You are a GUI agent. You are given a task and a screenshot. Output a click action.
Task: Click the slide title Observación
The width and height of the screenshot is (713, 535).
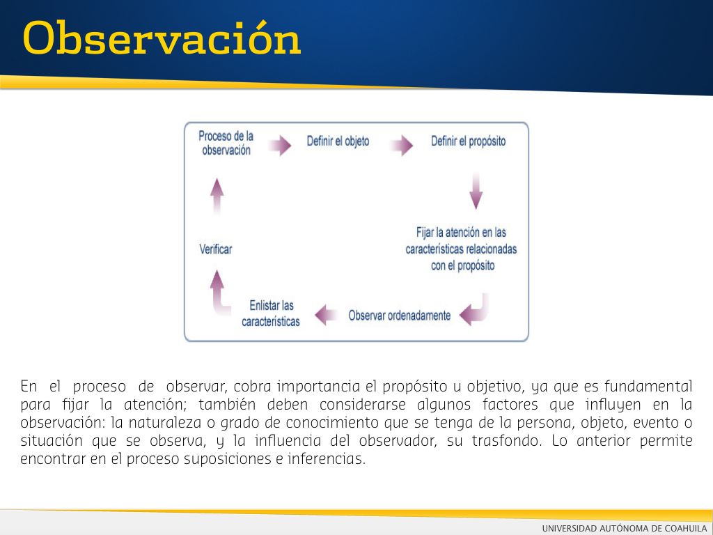click(x=162, y=38)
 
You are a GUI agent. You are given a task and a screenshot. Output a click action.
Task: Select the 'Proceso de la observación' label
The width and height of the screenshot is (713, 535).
click(x=226, y=143)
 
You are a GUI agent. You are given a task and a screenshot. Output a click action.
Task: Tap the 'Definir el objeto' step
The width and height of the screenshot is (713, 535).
click(x=338, y=141)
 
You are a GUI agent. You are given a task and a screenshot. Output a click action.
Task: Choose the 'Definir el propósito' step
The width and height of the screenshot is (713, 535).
click(x=469, y=141)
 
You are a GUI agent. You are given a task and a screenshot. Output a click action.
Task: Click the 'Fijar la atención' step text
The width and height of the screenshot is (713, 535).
click(x=461, y=249)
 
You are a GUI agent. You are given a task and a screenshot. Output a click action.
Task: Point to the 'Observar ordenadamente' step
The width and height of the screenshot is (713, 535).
click(x=399, y=316)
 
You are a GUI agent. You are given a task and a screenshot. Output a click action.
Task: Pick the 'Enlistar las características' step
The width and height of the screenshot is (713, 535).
click(x=271, y=313)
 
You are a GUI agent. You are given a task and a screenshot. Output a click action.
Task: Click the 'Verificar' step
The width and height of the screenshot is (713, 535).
click(x=216, y=249)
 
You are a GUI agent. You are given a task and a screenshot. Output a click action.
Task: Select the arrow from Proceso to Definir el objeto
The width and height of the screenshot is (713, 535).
click(x=280, y=145)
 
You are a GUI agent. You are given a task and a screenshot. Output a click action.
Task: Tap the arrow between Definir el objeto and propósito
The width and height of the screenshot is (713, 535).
click(x=402, y=145)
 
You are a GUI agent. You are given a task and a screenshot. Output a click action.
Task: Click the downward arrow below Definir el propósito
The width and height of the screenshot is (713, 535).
click(x=476, y=191)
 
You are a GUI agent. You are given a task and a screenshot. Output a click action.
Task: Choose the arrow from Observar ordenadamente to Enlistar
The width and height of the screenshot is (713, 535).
click(x=326, y=315)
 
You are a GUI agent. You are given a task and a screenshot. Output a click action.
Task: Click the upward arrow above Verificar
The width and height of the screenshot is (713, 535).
click(x=217, y=196)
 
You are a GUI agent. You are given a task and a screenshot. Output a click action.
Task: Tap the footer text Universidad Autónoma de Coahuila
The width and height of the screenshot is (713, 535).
click(x=625, y=528)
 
